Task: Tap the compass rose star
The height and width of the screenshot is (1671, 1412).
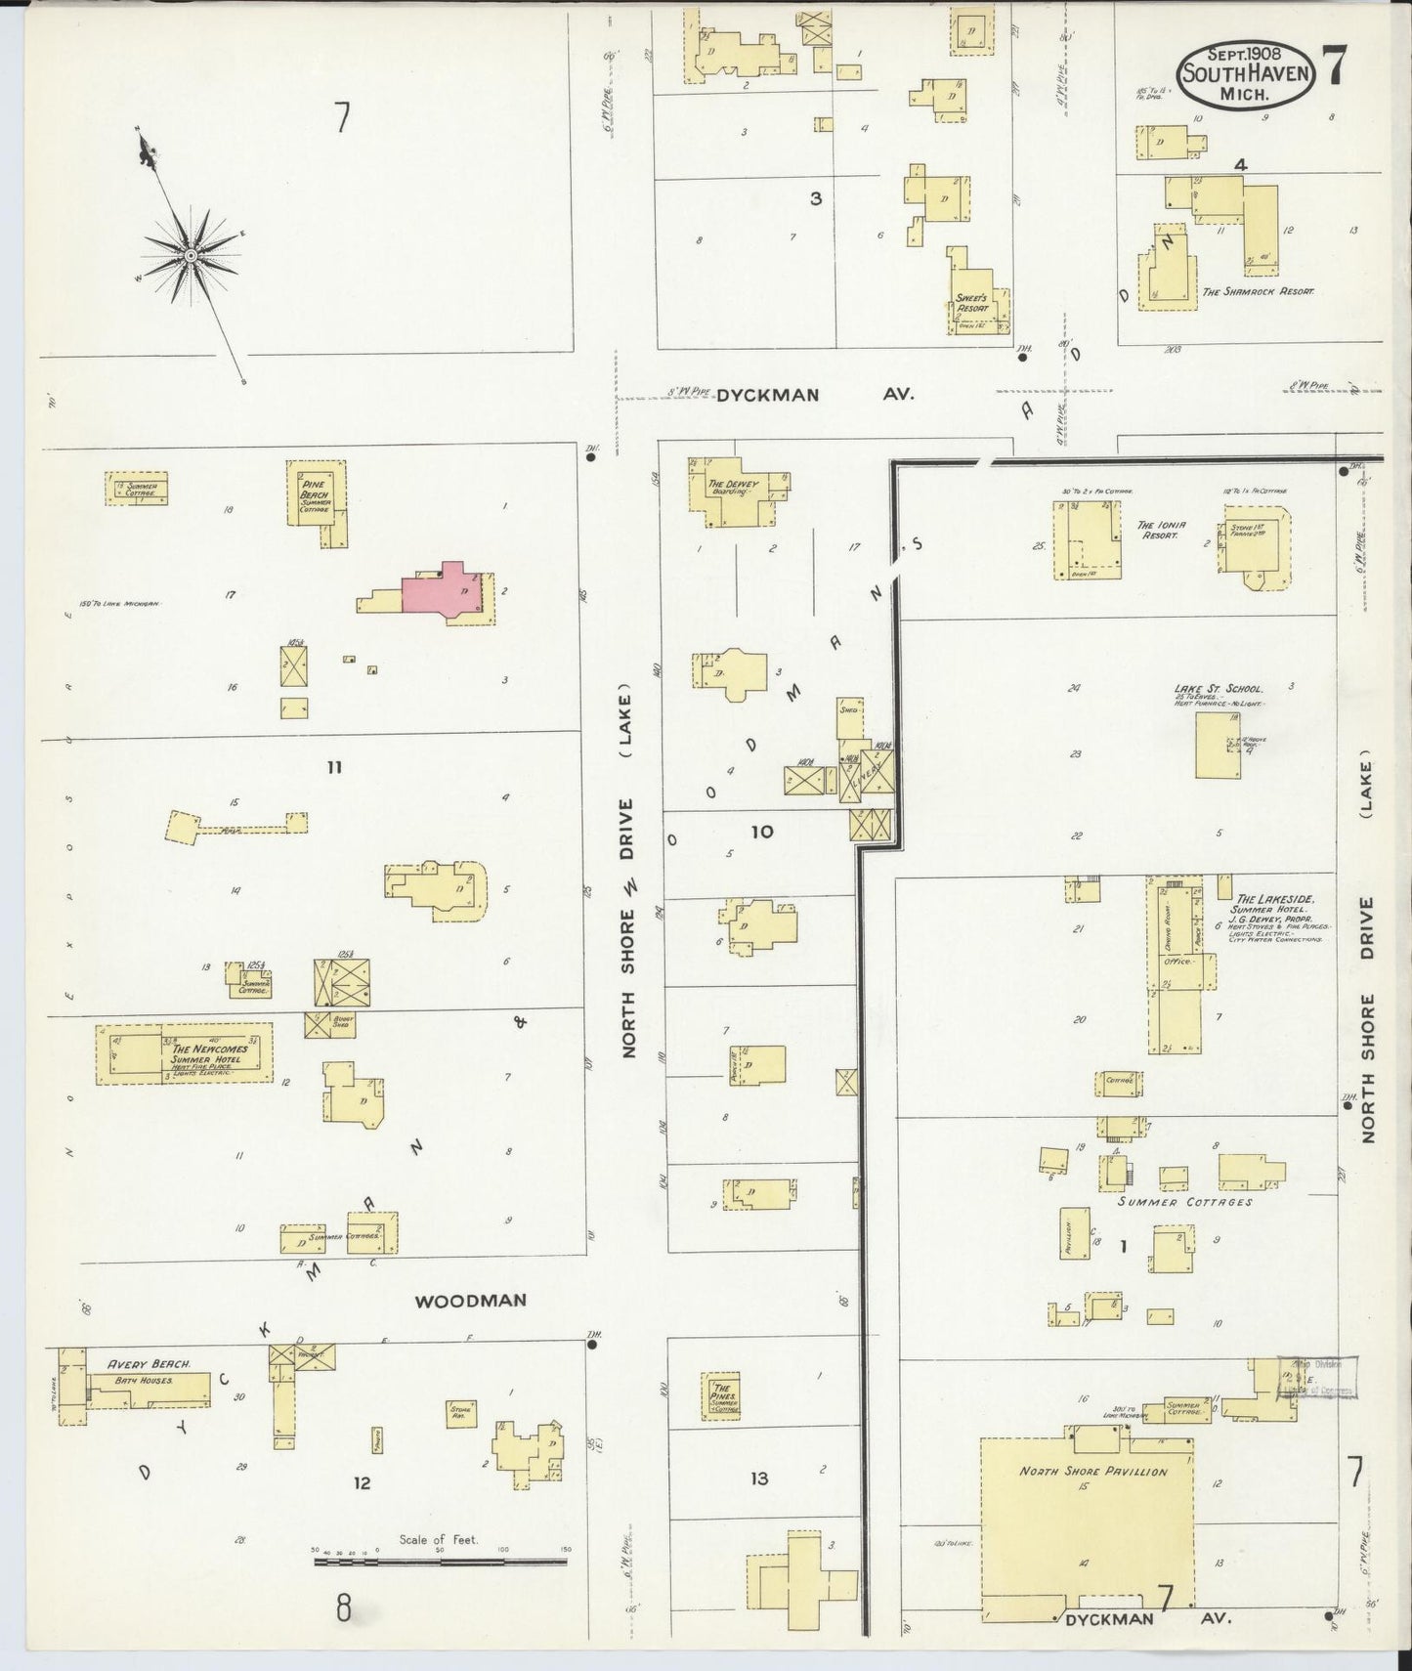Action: coord(192,256)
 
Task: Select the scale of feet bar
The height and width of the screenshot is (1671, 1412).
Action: coord(440,1562)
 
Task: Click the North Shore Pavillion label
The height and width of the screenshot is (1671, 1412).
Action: coord(1092,1471)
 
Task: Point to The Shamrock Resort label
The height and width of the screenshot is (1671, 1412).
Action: coord(1258,291)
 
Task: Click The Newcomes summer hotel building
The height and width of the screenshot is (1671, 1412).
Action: coord(184,1054)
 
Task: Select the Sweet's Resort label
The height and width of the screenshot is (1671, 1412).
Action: coord(971,303)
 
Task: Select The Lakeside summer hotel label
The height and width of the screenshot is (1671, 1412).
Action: coord(1274,899)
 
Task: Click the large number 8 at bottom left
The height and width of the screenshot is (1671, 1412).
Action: coord(343,1607)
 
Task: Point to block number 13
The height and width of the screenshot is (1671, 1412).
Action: coord(759,1479)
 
